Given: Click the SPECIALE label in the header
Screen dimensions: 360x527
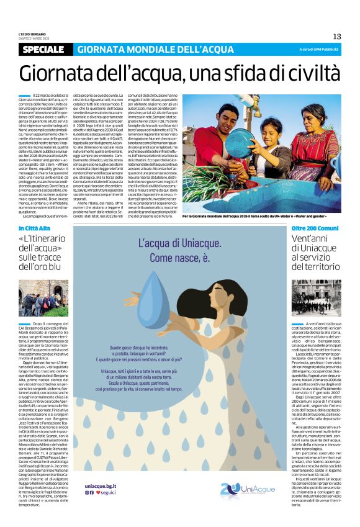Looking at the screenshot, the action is click(42, 49).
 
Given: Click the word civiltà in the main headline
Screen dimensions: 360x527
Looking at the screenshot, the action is click(306, 73).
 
